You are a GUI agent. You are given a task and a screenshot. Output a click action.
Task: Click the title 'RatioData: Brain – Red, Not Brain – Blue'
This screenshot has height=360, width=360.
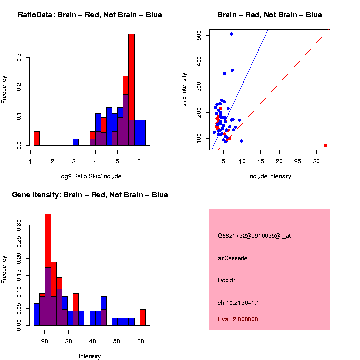(x=90, y=15)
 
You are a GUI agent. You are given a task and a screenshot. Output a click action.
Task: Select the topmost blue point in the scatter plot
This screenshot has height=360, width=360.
(x=231, y=34)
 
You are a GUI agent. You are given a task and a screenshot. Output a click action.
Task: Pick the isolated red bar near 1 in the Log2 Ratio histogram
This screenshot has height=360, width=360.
(x=36, y=138)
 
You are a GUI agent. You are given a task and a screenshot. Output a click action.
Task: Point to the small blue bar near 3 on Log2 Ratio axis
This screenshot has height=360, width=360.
(x=75, y=142)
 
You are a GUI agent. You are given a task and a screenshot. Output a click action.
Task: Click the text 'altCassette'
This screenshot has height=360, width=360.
(x=233, y=258)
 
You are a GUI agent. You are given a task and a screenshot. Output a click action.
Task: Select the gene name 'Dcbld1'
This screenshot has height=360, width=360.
(x=227, y=280)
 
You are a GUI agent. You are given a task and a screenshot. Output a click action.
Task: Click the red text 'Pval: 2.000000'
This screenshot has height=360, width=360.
(x=238, y=319)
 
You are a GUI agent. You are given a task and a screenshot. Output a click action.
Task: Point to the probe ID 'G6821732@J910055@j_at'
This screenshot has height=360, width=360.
(x=254, y=236)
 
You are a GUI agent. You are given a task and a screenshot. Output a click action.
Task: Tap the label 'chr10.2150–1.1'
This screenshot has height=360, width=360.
(x=238, y=303)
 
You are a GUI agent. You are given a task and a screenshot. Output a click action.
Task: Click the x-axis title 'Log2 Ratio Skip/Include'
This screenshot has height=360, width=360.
(x=90, y=176)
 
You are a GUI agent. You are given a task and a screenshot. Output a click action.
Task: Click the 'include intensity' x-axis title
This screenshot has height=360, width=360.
(x=270, y=176)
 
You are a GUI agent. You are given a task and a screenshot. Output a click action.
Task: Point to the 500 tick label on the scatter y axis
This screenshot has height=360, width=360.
(x=199, y=35)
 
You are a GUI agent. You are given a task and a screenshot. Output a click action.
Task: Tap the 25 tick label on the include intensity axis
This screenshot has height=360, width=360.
(x=297, y=161)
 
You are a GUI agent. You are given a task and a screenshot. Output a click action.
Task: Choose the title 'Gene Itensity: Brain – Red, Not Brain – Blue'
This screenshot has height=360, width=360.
(x=90, y=195)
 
